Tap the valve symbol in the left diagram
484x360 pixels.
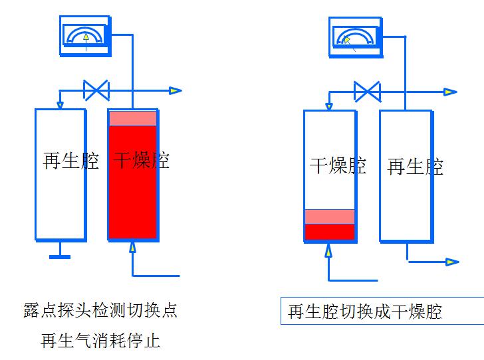pos(96,90)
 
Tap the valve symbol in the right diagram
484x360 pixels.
pos(366,92)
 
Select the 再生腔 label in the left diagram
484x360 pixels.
pos(70,161)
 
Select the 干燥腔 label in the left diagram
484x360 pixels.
pos(142,160)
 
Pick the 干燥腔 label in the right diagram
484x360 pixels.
pos(338,165)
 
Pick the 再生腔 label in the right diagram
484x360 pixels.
pos(415,166)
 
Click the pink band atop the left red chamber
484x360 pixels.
pos(133,118)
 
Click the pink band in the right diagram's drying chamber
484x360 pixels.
pos(330,217)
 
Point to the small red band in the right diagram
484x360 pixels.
pos(330,232)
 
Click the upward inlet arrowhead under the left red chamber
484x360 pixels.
pos(132,248)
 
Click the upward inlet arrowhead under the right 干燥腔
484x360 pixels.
pos(328,250)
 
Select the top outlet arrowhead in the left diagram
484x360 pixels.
pos(176,90)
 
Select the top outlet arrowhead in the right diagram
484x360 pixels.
pos(451,92)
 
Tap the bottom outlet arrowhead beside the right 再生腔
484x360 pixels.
pos(452,262)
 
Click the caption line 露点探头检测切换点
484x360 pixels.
pos(100,311)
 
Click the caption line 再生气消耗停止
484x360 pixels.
pos(100,341)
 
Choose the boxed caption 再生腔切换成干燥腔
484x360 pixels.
pos(365,311)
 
